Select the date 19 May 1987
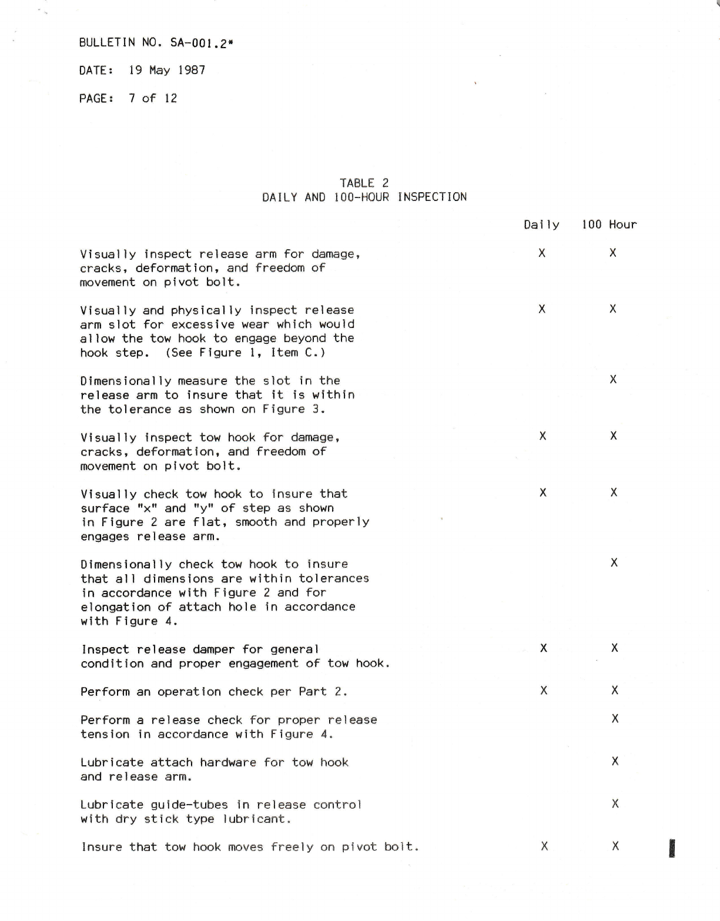pos(167,71)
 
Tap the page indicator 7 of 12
pos(153,98)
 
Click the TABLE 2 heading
pos(364,183)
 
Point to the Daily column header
pos(541,225)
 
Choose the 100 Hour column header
pos(609,225)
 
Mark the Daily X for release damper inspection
pos(543,648)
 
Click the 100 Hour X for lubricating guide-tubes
pos(615,803)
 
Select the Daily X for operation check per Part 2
pos(543,691)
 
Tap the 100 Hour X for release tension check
pos(615,719)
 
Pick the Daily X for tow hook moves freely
pos(544,846)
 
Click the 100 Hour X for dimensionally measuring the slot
pos(613,380)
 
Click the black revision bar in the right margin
pos(672,849)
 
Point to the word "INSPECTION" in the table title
pos(432,197)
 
